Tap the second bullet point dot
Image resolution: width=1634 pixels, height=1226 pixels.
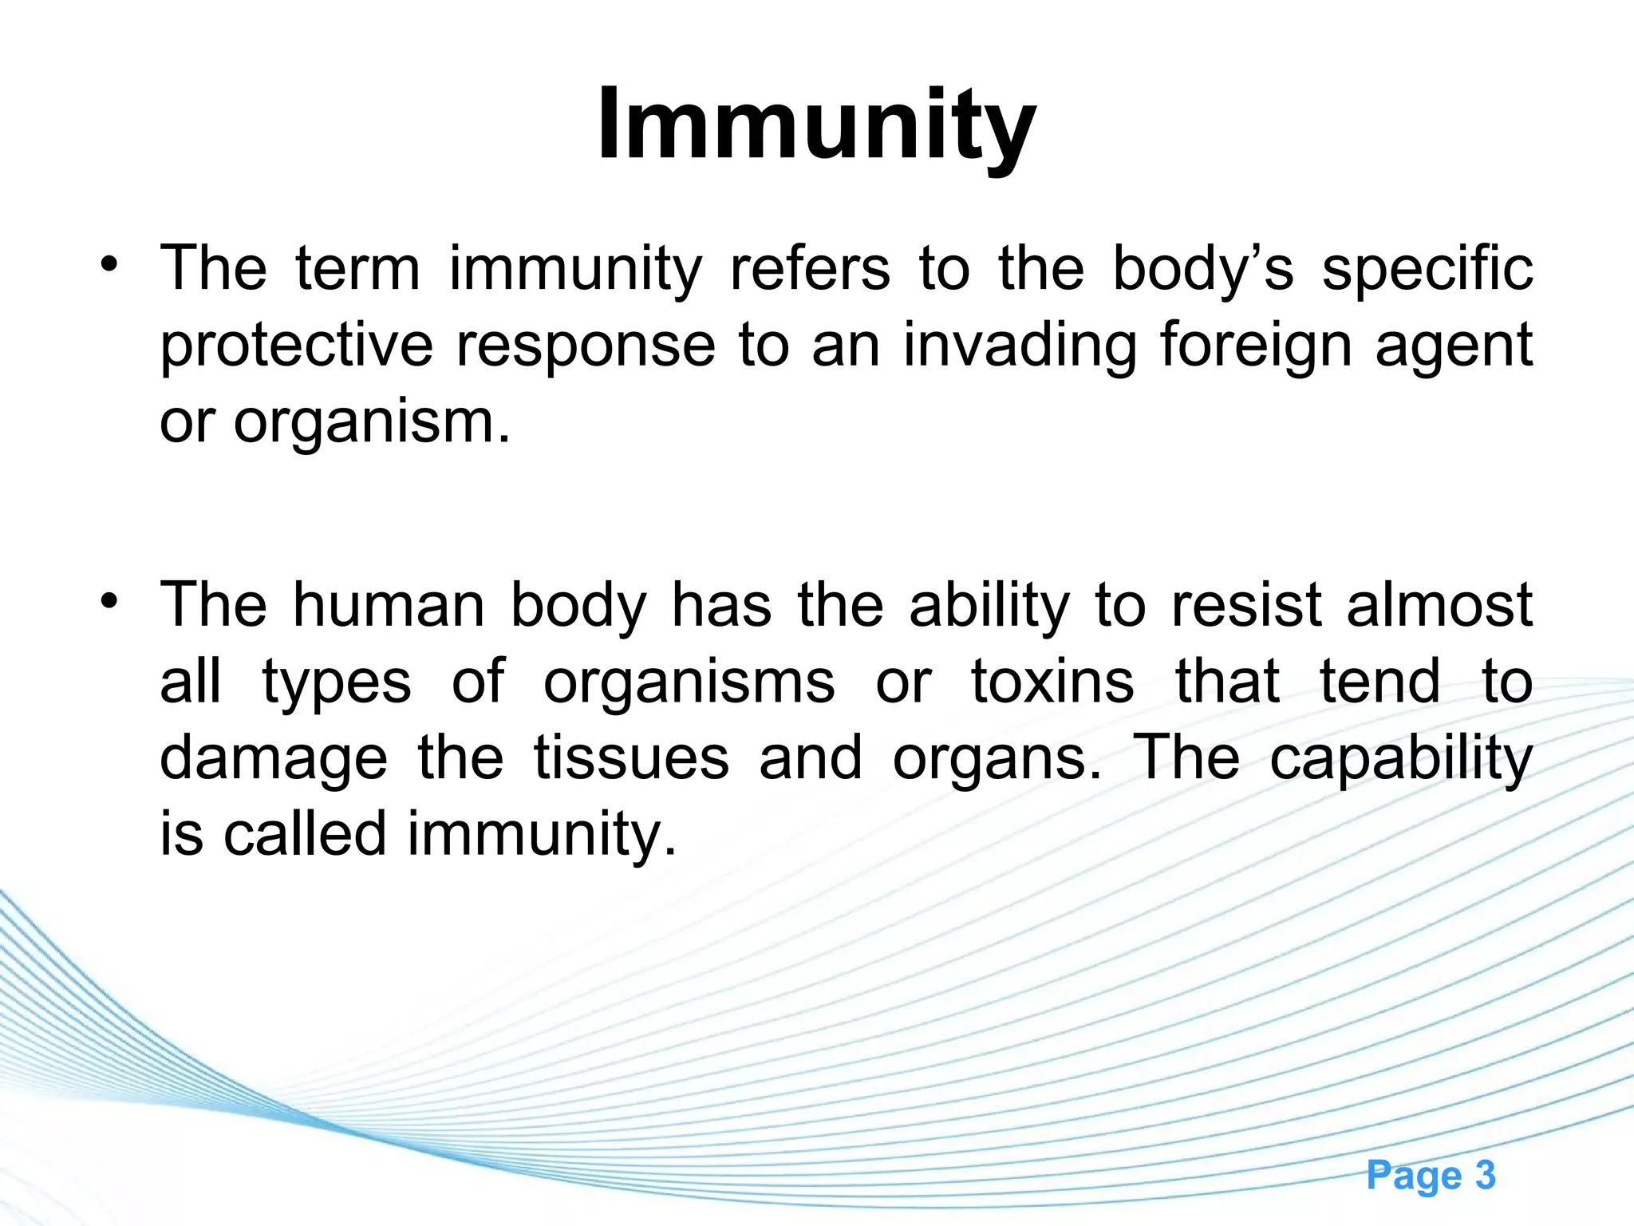pos(109,600)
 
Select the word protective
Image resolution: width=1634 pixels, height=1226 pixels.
pos(296,346)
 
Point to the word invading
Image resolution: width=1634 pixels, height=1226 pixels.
pos(1019,346)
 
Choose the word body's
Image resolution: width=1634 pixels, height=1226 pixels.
pos(1202,269)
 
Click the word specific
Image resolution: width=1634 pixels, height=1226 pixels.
pos(1427,269)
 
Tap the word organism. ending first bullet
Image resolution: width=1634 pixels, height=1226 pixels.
pos(371,423)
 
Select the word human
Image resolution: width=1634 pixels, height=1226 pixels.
pos(389,605)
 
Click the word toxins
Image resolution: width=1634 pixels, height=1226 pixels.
pos(1052,682)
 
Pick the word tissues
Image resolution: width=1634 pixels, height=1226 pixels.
pos(631,758)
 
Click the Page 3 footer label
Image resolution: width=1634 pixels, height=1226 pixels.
pos(1431,1175)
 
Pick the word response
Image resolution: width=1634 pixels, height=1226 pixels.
pos(586,346)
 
